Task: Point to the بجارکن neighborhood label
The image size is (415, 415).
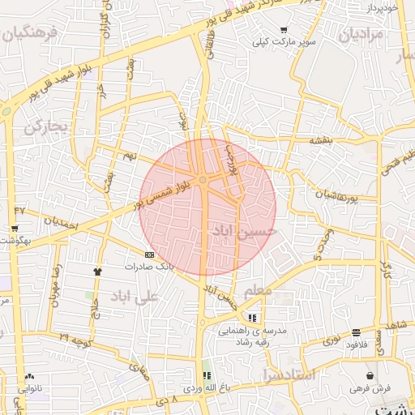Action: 43,126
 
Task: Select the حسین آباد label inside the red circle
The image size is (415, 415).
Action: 245,231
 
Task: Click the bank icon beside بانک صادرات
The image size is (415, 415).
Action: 149,254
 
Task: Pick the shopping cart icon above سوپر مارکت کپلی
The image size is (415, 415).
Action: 283,29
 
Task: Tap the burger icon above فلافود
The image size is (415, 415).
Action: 357,332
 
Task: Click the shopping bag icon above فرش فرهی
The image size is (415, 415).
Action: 370,375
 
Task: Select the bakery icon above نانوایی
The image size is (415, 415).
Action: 30,376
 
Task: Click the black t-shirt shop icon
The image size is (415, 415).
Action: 98,272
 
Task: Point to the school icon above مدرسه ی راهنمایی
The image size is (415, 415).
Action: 253,317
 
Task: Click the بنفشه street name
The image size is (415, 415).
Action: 320,139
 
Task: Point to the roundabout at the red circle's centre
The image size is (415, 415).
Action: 203,179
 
